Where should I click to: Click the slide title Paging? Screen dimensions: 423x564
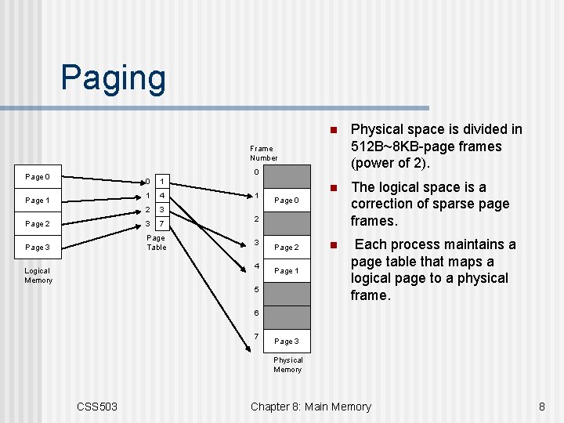[x=114, y=78]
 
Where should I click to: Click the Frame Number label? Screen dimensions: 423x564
[x=262, y=153]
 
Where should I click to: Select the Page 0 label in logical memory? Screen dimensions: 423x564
[x=37, y=177]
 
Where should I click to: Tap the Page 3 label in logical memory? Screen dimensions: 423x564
[x=37, y=248]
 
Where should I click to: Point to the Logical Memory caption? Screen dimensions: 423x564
[x=38, y=276]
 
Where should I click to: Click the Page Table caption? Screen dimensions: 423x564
[x=157, y=243]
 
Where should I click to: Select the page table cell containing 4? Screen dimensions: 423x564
[x=161, y=196]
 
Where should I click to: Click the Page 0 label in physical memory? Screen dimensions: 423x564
[x=286, y=201]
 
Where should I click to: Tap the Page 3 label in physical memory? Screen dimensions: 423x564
[x=286, y=342]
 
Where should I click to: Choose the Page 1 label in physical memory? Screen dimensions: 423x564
[x=286, y=271]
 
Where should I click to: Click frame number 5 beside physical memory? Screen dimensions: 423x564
[x=255, y=290]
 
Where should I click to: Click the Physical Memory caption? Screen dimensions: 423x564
[x=287, y=365]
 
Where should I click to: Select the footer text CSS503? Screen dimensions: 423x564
[x=97, y=406]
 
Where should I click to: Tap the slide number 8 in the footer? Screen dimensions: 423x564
[x=541, y=406]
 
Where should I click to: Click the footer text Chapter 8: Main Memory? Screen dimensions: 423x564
[x=311, y=406]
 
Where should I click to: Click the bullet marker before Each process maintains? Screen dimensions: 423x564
[x=332, y=245]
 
